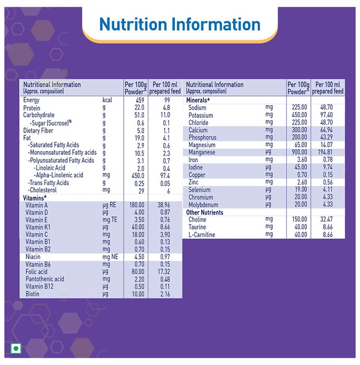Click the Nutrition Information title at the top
(180, 24)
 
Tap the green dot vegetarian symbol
(16, 348)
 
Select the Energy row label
(31, 100)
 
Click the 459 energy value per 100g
(139, 100)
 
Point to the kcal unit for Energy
(107, 100)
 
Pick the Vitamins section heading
(35, 198)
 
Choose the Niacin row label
(33, 257)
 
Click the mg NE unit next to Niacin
(110, 257)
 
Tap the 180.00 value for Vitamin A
(137, 205)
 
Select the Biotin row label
(32, 294)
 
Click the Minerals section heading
(198, 100)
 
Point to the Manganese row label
(202, 152)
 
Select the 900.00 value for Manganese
(299, 152)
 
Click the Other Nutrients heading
(205, 212)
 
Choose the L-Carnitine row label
(202, 235)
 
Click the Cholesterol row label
(42, 190)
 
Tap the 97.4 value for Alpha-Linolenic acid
(165, 175)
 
